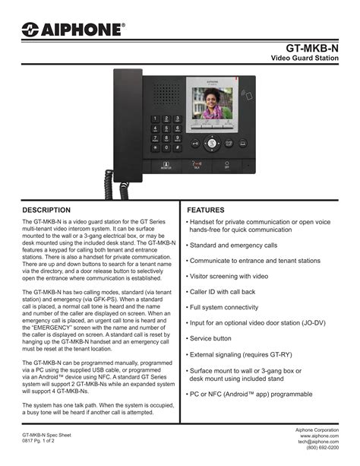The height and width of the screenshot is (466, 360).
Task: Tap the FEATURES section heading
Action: (206, 209)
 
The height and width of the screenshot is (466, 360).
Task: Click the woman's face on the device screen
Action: (212, 101)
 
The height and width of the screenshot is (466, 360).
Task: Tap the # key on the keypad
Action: (178, 147)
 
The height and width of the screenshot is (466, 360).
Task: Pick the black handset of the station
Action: (124, 114)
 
